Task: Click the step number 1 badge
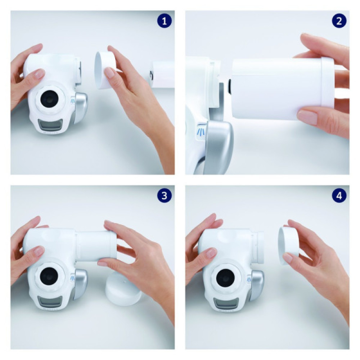coord(165,21)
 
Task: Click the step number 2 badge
coord(339,21)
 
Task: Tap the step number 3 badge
coord(165,196)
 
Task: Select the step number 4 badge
coord(339,196)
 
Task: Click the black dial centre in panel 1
coord(49,98)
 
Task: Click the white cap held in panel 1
coord(105,70)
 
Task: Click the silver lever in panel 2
coord(218,146)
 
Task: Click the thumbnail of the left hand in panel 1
coord(39,74)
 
